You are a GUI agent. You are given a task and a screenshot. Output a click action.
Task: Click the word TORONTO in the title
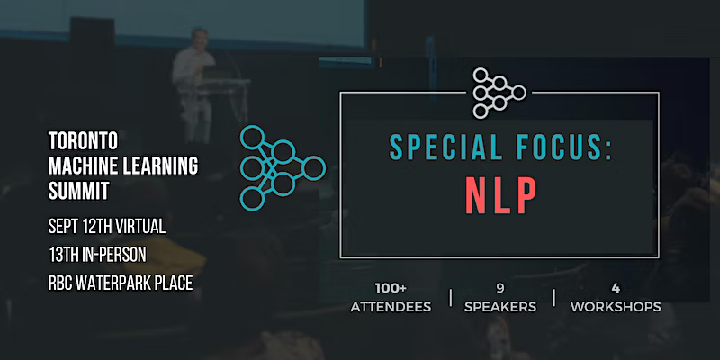(82, 140)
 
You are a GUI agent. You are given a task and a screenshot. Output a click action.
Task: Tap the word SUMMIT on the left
(77, 191)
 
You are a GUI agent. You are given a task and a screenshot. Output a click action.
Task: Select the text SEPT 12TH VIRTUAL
(107, 221)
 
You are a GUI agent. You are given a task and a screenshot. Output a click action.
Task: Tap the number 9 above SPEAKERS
(501, 288)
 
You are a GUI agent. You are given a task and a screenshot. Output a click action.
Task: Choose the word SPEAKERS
(501, 306)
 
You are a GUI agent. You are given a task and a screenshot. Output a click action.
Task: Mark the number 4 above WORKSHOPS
(616, 288)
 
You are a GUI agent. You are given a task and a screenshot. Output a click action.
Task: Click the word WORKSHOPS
(616, 306)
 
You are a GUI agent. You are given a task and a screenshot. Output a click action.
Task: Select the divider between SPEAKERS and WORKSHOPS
(553, 297)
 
